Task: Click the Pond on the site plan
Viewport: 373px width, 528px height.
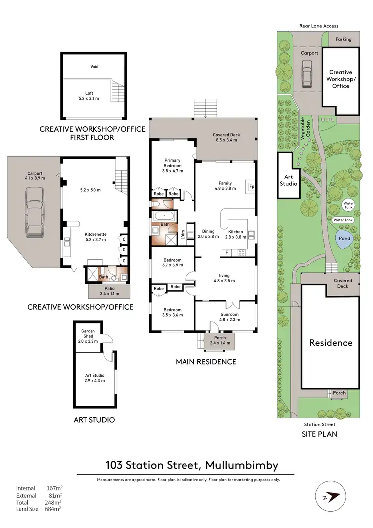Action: pyautogui.click(x=344, y=238)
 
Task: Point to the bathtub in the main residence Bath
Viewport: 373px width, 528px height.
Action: pyautogui.click(x=164, y=217)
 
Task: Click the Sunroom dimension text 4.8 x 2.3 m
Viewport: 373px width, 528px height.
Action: pyautogui.click(x=230, y=320)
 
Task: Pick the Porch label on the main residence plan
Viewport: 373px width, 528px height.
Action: pyautogui.click(x=219, y=338)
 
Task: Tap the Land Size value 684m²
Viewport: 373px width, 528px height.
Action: pyautogui.click(x=54, y=508)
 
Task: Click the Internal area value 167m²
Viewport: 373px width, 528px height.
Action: pyautogui.click(x=54, y=488)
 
